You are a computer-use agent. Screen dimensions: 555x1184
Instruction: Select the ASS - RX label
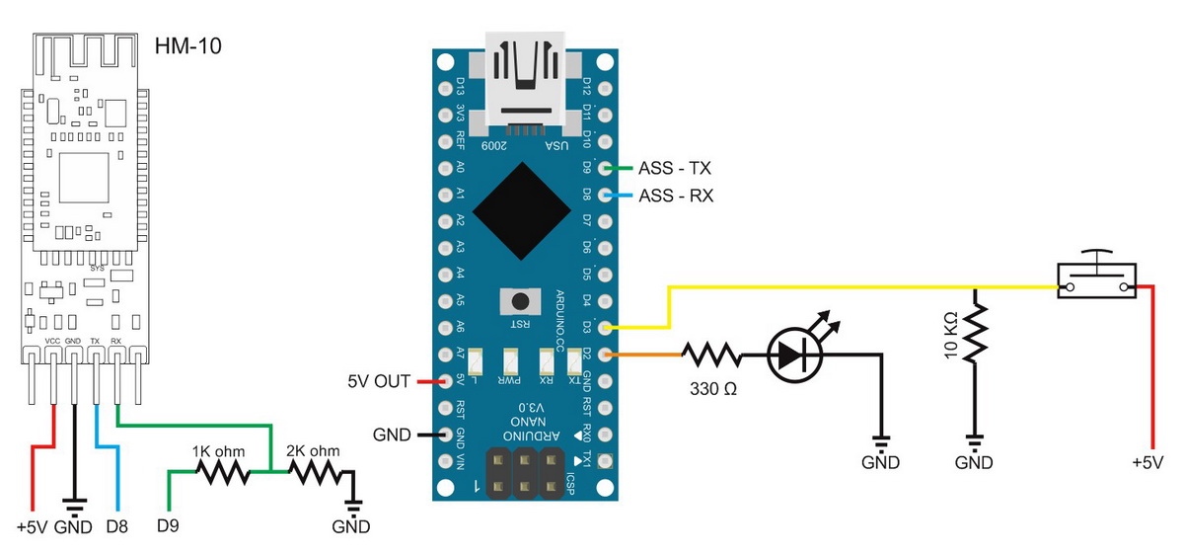pyautogui.click(x=676, y=196)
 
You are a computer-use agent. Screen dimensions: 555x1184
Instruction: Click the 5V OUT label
pyautogui.click(x=380, y=381)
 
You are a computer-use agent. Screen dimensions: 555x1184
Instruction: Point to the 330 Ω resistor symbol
pyautogui.click(x=709, y=354)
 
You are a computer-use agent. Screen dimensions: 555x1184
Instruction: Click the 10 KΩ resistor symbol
pyautogui.click(x=975, y=333)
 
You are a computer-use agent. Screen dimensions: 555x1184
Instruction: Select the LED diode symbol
pyautogui.click(x=796, y=354)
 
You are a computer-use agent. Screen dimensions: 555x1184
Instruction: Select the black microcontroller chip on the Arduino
pyautogui.click(x=522, y=210)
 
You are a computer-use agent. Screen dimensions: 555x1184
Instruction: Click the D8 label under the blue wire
pyautogui.click(x=116, y=526)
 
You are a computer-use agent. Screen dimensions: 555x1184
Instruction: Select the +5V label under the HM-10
pyautogui.click(x=32, y=526)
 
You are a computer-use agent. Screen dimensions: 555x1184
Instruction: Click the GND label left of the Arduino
pyautogui.click(x=392, y=434)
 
